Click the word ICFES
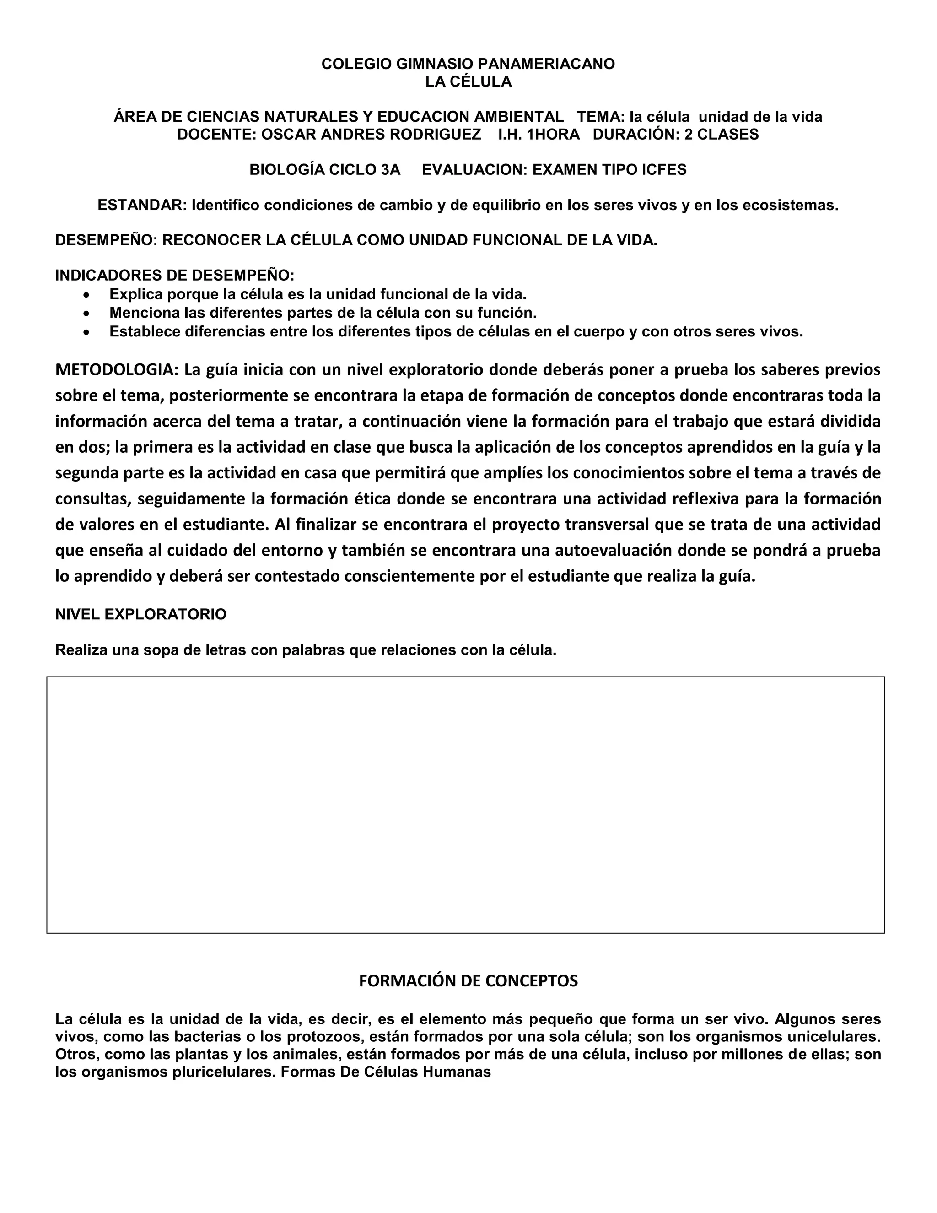point(664,170)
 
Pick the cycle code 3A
point(390,170)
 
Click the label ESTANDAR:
point(142,206)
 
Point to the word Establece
point(144,332)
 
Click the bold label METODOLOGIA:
point(117,370)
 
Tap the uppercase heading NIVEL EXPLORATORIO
point(140,614)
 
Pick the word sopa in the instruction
point(159,650)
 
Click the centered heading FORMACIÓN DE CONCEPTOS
point(468,981)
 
